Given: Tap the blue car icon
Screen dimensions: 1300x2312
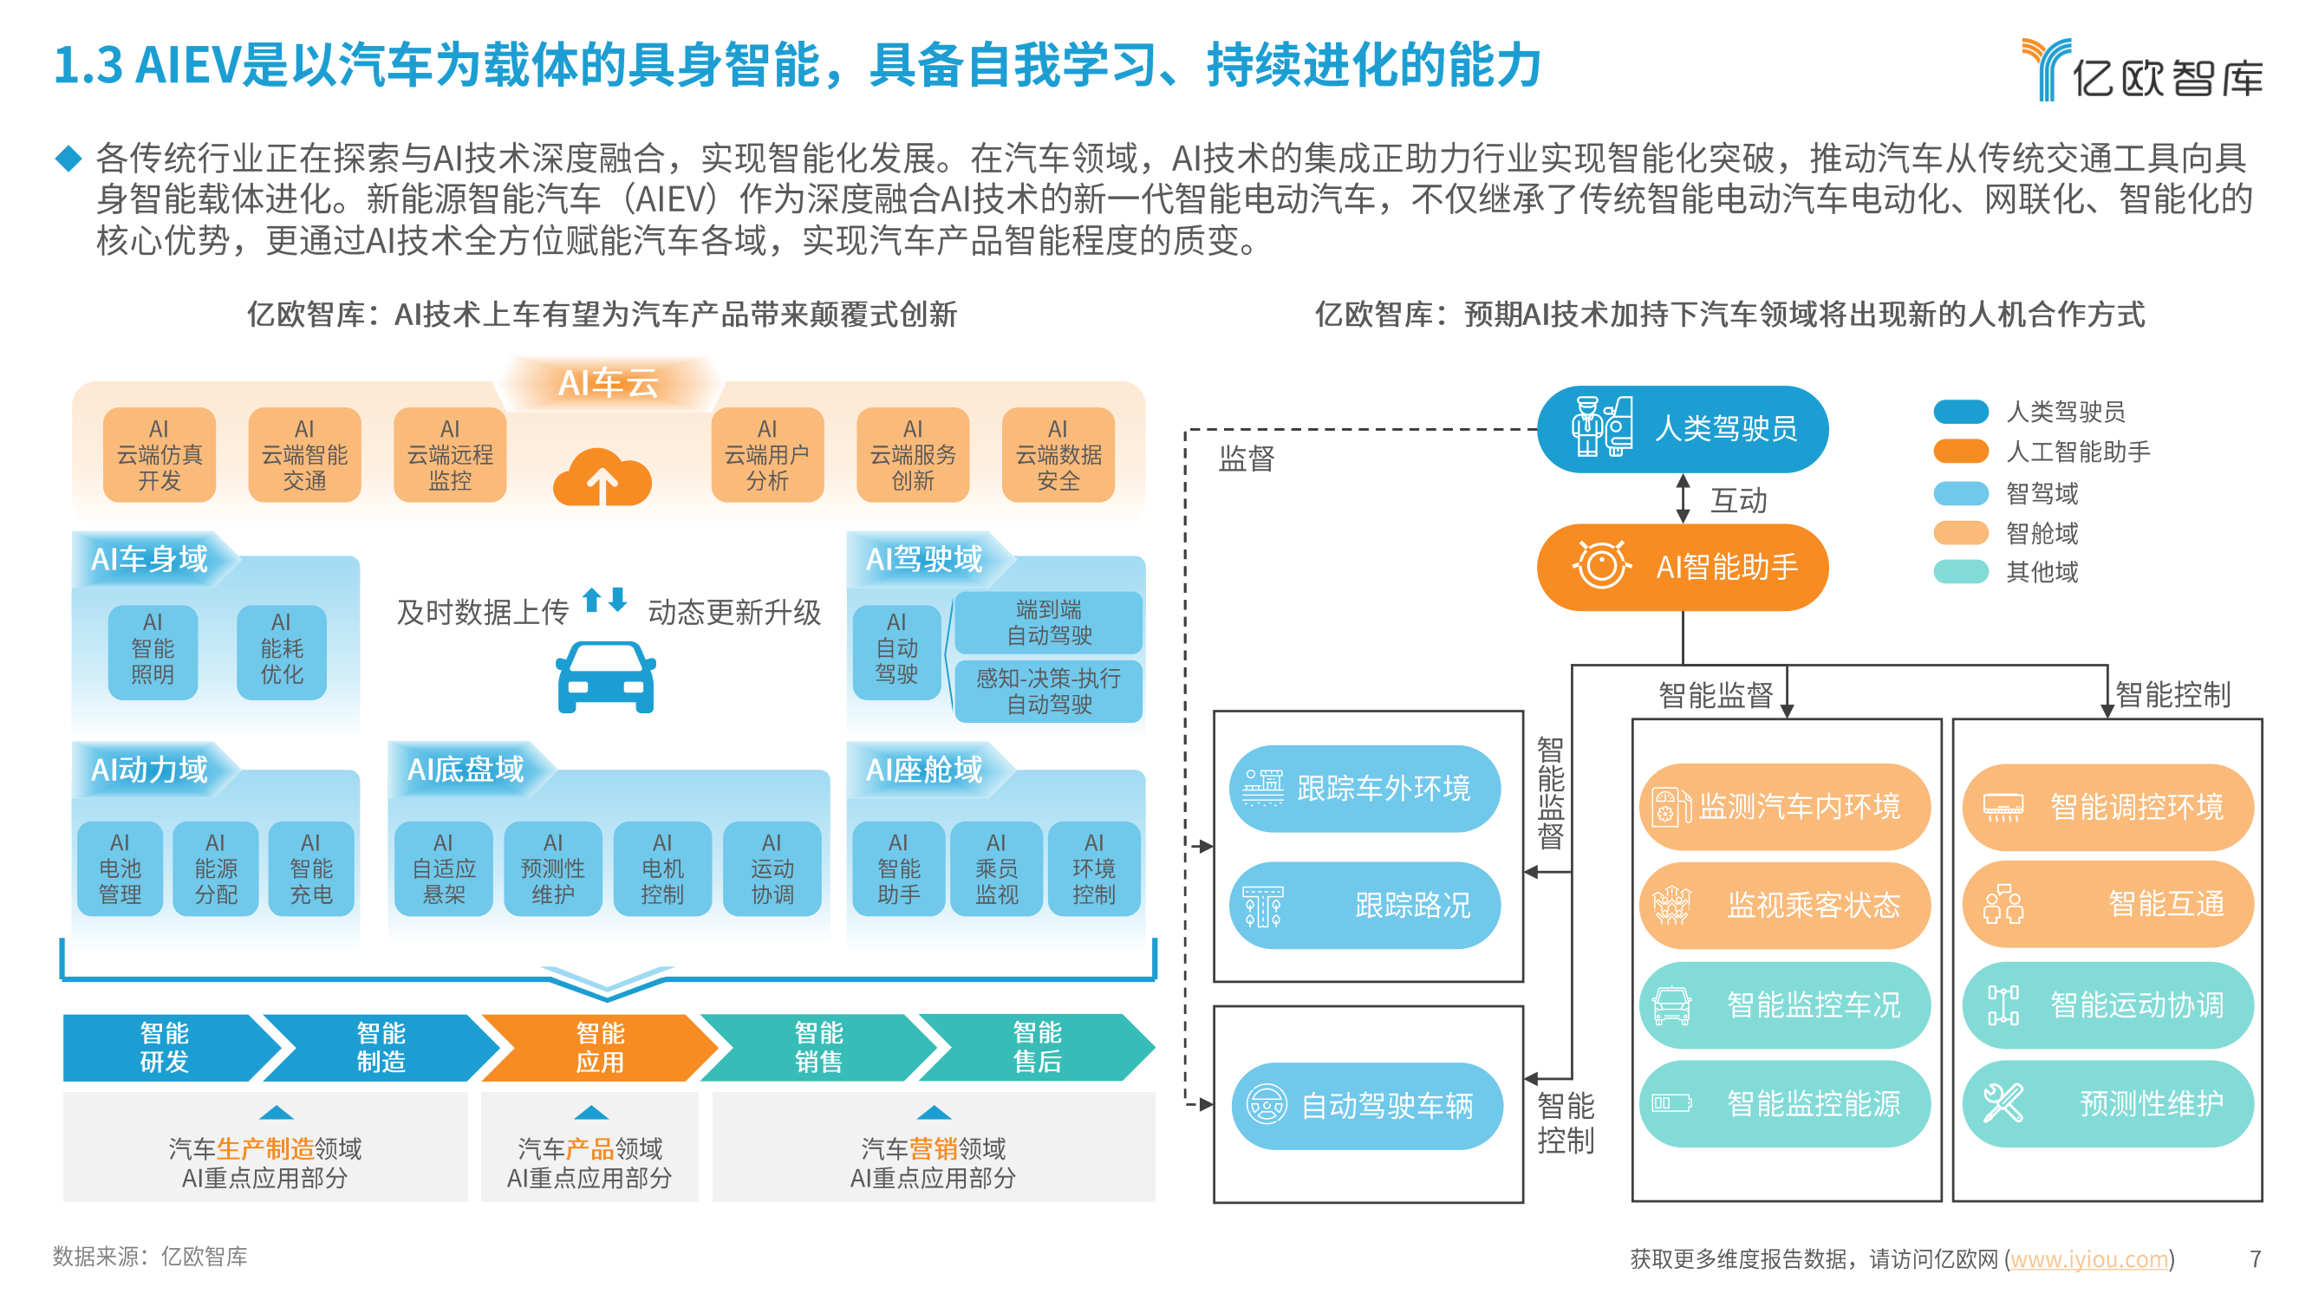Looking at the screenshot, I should pos(606,678).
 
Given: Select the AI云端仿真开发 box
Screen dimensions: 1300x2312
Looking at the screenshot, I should pos(159,455).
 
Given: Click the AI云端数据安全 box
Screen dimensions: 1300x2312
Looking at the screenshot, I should pos(1058,455).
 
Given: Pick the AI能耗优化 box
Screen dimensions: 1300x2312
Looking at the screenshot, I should pos(281,648).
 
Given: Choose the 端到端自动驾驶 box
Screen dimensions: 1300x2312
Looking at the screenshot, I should pos(1047,622).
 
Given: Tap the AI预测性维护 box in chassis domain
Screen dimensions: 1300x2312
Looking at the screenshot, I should pos(553,868).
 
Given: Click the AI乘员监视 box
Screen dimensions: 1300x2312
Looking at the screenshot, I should pos(995,868).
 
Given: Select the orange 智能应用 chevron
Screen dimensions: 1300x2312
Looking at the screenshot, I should pos(599,1047).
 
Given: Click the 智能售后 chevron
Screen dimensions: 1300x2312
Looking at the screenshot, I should pos(1036,1047).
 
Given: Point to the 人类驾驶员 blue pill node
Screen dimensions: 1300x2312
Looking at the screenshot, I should pos(1682,429).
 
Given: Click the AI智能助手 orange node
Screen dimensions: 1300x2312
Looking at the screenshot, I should pos(1682,567).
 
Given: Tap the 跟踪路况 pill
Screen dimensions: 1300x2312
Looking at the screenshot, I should pos(1364,906).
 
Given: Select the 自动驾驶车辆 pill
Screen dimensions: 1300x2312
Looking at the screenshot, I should pos(1366,1106).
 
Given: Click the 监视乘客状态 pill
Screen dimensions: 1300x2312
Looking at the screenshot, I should pos(1783,906).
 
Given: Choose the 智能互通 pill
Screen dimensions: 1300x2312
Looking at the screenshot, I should pos(2107,904).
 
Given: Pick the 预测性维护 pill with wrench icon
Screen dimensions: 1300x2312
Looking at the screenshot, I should pos(2107,1103).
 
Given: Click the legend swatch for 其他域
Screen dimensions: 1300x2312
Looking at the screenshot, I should pos(1960,572).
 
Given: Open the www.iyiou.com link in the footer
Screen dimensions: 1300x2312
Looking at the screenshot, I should pos(2087,1258).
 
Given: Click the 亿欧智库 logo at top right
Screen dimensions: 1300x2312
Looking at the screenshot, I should pos(2141,70).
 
